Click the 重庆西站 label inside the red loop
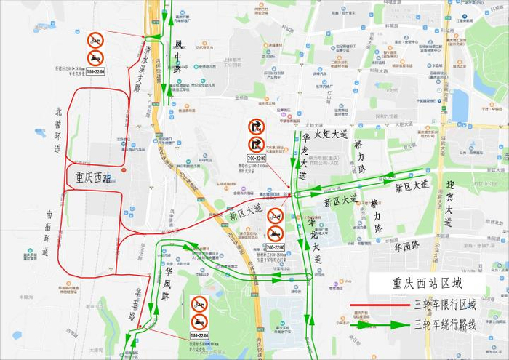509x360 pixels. [x=93, y=177]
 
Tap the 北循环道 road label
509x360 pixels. [x=58, y=130]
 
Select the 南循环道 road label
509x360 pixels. [x=48, y=233]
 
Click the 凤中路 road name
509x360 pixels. [x=177, y=57]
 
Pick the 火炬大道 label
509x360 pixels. [x=331, y=134]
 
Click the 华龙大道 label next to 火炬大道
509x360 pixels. [x=304, y=156]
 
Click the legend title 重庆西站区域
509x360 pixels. [x=426, y=283]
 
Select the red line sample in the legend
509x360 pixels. [x=377, y=305]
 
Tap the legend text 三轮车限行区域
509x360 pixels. [x=444, y=305]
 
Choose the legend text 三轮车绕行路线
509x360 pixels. [x=444, y=325]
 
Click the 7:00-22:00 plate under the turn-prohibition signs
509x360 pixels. [x=256, y=157]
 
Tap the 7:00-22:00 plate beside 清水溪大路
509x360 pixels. [x=95, y=71]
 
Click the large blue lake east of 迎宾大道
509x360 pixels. [x=460, y=105]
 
